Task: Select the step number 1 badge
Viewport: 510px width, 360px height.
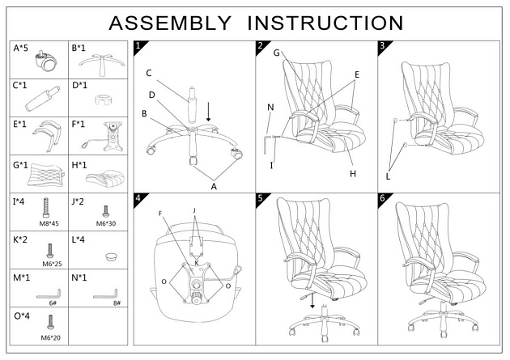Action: click(x=139, y=46)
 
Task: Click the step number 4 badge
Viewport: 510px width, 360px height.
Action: click(x=139, y=198)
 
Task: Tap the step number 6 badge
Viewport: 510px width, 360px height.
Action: click(x=383, y=198)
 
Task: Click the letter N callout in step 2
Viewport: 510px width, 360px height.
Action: click(x=270, y=107)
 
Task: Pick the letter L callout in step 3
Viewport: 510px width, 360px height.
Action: click(x=389, y=176)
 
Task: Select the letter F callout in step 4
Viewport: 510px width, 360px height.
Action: click(x=162, y=214)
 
